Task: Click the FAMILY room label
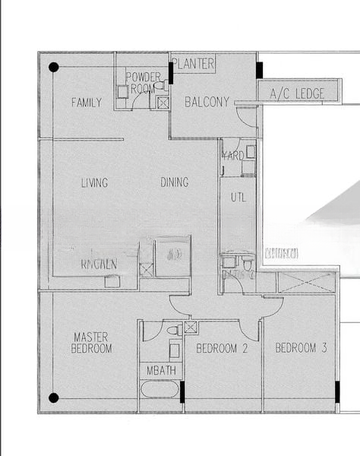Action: click(x=86, y=102)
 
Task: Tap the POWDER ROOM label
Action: click(x=143, y=82)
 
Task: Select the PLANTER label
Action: click(x=194, y=64)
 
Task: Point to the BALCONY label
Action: click(x=207, y=102)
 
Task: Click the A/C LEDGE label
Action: click(x=297, y=93)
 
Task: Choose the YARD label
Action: click(x=232, y=155)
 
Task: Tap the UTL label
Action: click(x=238, y=197)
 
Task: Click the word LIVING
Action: click(x=94, y=182)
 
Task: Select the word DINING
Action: click(x=175, y=182)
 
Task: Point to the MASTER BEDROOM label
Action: click(x=92, y=342)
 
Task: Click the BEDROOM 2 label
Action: click(x=222, y=348)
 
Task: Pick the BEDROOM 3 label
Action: click(x=301, y=348)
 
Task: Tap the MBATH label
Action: click(x=161, y=371)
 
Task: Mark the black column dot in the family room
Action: click(x=54, y=67)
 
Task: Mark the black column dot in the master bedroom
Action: click(x=54, y=397)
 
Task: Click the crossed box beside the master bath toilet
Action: click(x=191, y=328)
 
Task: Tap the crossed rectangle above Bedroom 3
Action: click(x=305, y=282)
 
